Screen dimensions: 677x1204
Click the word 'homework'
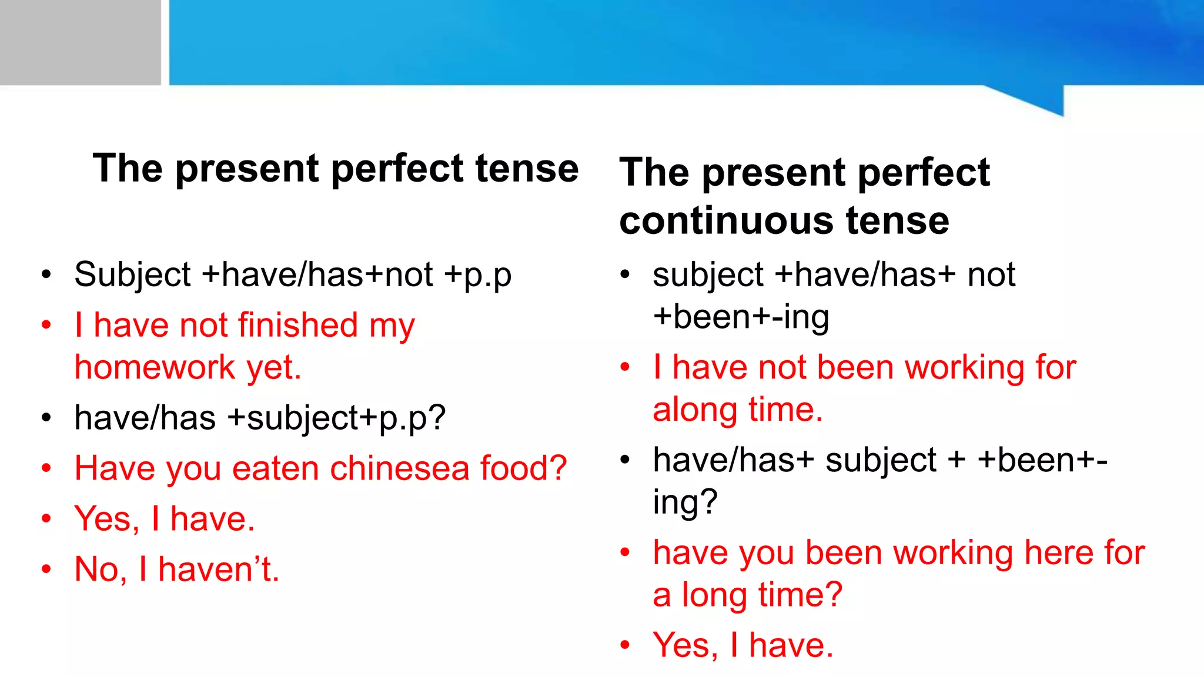[155, 368]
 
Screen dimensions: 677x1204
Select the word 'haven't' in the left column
[218, 569]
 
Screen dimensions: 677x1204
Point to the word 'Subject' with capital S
[132, 274]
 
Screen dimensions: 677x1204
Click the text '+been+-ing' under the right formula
[741, 317]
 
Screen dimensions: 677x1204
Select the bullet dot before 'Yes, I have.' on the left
[46, 519]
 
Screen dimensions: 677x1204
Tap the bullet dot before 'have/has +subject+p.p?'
[46, 418]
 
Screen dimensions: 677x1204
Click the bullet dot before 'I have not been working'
[625, 367]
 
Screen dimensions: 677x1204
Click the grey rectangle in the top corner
[80, 42]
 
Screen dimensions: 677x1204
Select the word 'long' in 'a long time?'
[714, 595]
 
